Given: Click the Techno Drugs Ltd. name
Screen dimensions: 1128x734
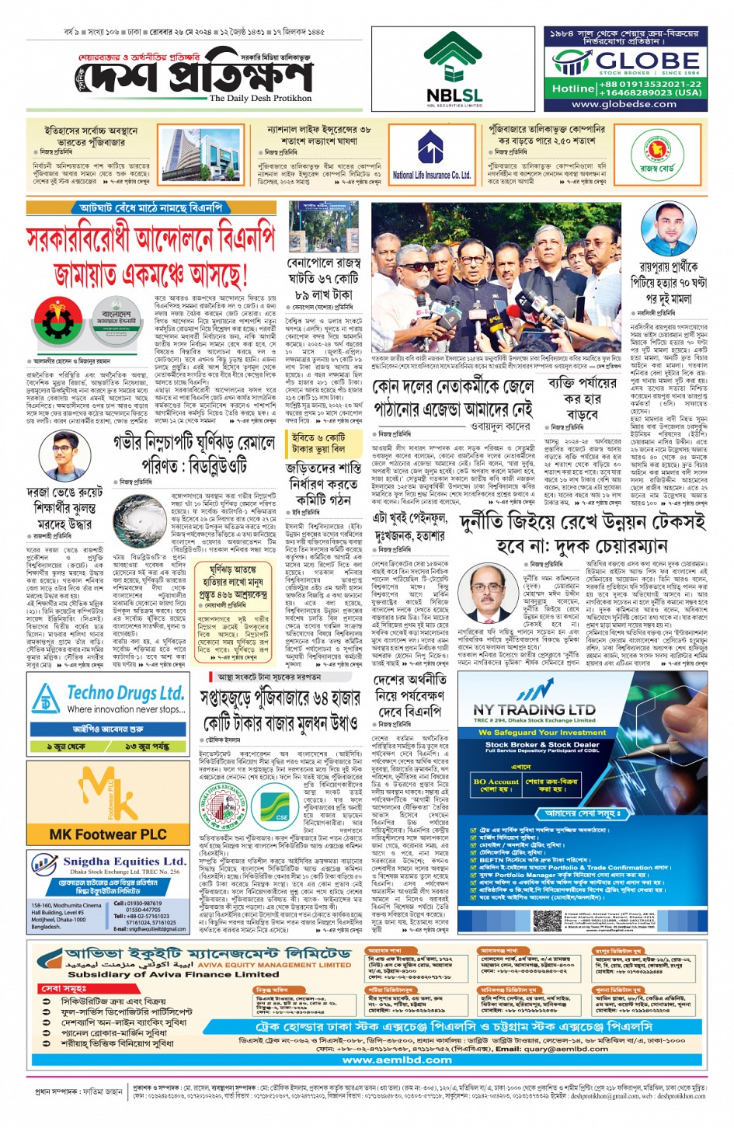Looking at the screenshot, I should (x=125, y=693).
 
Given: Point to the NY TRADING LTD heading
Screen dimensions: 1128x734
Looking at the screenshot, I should (x=534, y=709).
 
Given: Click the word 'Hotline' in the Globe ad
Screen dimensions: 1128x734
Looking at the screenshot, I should (x=573, y=89).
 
